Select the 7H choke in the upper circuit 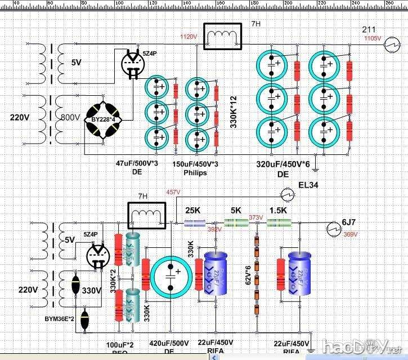224,37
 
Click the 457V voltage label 173,192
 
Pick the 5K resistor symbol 236,223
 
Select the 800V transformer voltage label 70,118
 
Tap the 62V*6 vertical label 246,274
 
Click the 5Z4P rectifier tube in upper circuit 133,63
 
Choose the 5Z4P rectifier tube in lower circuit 98,257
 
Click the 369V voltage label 350,234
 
